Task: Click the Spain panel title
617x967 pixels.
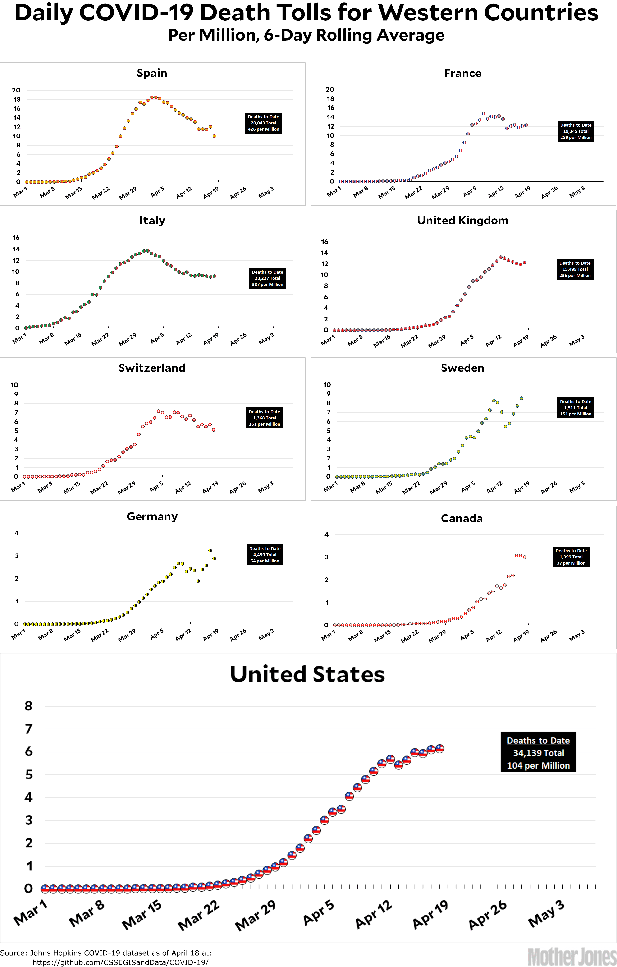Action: pos(152,73)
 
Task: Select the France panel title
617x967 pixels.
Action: pos(462,74)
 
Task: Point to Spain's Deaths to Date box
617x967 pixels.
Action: pos(263,123)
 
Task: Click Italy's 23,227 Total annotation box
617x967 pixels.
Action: pos(267,278)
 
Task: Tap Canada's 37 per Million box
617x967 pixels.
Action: pos(571,557)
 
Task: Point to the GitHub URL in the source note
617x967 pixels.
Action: pos(120,962)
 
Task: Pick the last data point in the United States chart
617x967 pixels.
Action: pos(439,748)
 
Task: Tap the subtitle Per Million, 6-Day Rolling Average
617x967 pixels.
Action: pos(306,35)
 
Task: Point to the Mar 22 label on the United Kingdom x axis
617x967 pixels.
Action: pos(409,341)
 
